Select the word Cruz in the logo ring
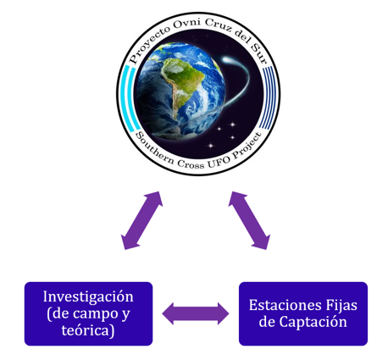point(219,26)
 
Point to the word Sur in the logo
point(259,54)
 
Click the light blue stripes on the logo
point(130,98)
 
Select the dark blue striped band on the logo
point(268,97)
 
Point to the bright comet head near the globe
point(226,60)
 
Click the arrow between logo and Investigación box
point(141,220)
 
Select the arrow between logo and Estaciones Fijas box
point(249,220)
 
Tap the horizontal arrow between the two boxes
point(196,313)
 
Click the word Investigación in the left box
point(88,297)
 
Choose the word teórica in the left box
point(86,330)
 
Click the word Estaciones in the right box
point(285,305)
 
